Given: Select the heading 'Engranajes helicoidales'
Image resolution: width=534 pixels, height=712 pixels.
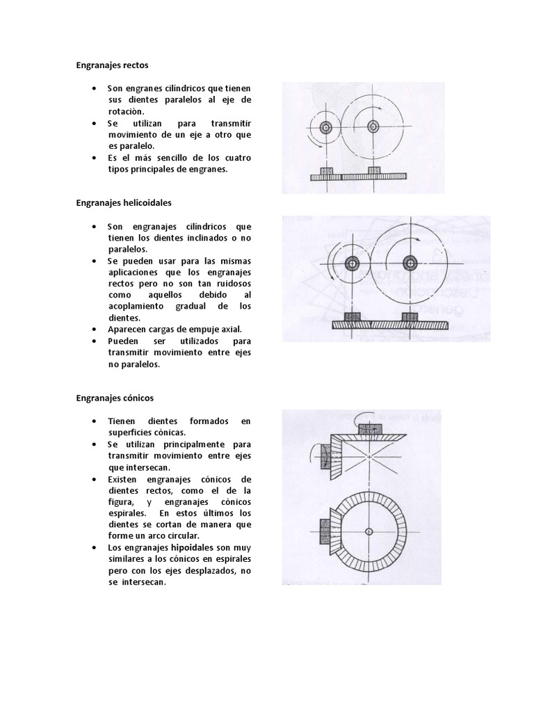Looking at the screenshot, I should (x=123, y=203).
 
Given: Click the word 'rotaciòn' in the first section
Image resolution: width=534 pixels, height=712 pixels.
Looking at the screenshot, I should (x=127, y=111).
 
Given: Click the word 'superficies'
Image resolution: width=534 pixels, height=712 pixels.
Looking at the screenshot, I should (x=129, y=432).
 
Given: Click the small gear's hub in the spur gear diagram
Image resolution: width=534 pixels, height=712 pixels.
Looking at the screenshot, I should (x=326, y=127).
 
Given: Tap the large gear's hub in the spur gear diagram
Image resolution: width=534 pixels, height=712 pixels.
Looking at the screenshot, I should (x=373, y=127).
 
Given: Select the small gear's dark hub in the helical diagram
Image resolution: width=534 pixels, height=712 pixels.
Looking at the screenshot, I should (x=351, y=263).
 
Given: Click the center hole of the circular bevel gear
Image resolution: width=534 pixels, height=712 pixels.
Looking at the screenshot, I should (x=370, y=532).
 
